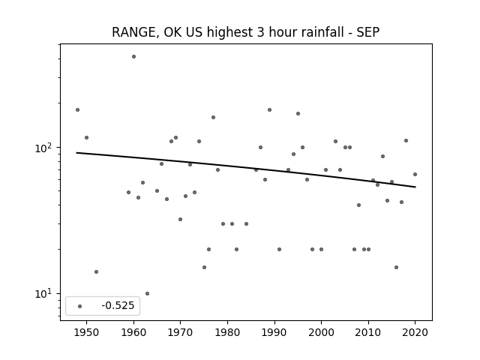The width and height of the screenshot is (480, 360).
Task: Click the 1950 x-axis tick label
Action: pyautogui.click(x=87, y=332)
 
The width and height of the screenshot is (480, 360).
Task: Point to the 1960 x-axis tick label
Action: pyautogui.click(x=133, y=332)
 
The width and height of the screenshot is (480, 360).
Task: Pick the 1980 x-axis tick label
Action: pyautogui.click(x=227, y=332)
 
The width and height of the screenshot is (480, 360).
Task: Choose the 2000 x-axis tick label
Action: pyautogui.click(x=321, y=332)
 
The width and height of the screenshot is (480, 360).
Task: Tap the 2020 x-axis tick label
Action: pyautogui.click(x=415, y=332)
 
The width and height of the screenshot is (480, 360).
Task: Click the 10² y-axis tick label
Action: pyautogui.click(x=45, y=148)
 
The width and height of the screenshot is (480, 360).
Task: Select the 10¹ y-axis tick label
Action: pyautogui.click(x=45, y=294)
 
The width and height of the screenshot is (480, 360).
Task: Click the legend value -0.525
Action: pyautogui.click(x=118, y=305)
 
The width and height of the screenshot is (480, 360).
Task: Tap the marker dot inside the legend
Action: pyautogui.click(x=80, y=306)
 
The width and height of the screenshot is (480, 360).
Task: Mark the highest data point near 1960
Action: pyautogui.click(x=133, y=57)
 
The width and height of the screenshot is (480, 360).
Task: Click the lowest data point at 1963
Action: pyautogui.click(x=147, y=293)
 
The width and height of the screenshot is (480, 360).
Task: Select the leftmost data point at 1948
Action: pyautogui.click(x=77, y=110)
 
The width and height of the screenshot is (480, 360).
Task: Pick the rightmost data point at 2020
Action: pyautogui.click(x=415, y=175)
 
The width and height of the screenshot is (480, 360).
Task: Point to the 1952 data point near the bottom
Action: pyautogui.click(x=96, y=271)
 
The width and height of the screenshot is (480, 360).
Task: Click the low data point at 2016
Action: pyautogui.click(x=396, y=267)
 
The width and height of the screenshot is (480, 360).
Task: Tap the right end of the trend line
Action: pyautogui.click(x=415, y=187)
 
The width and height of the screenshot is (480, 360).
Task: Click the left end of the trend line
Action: pyautogui.click(x=76, y=153)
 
